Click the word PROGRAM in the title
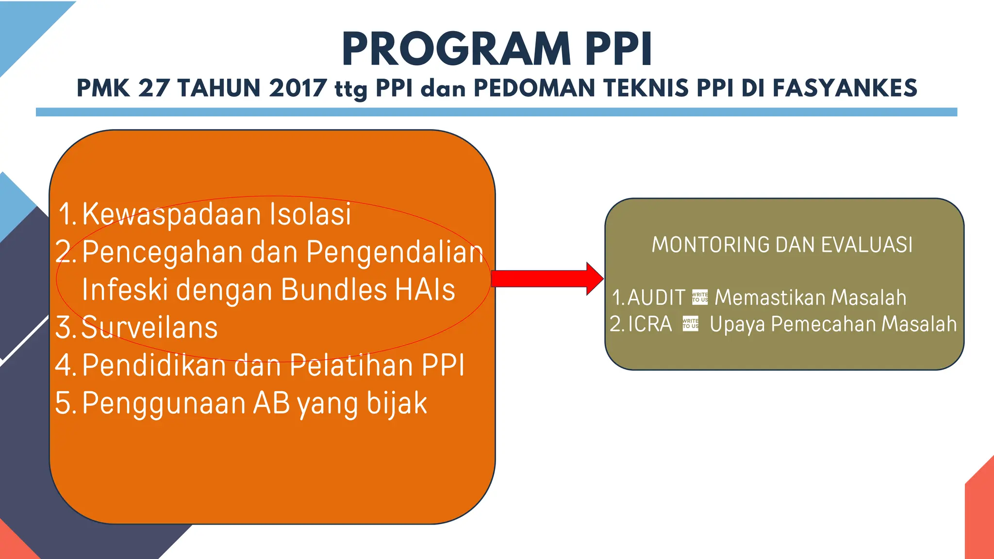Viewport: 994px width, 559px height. [x=456, y=49]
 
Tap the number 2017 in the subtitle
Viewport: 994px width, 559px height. [x=298, y=88]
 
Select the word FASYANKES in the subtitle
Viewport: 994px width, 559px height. [x=845, y=88]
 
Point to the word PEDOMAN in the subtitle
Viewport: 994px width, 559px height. [x=533, y=88]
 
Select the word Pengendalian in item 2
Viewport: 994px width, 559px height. [x=395, y=253]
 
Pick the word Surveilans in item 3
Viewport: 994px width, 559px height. [x=149, y=328]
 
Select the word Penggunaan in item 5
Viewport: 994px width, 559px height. [x=164, y=404]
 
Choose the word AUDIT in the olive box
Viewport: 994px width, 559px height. [x=656, y=297]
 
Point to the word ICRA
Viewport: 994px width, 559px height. [x=650, y=324]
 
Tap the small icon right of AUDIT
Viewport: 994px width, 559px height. [x=700, y=297]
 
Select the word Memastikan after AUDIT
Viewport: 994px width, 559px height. [x=771, y=297]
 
